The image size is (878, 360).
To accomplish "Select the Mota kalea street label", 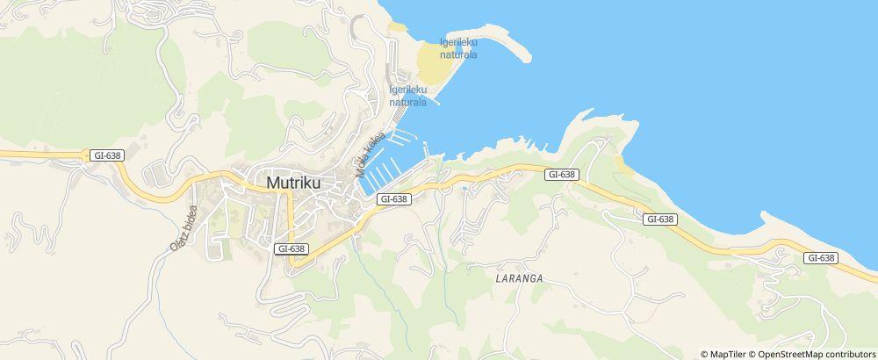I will coord(371,155).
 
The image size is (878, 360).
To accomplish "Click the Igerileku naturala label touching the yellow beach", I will coord(458,48).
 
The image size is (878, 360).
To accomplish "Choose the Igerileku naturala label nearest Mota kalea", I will coord(408,96).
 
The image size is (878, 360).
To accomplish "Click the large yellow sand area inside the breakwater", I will coord(432,66).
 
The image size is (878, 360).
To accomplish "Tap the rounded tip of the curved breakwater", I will coord(527,58).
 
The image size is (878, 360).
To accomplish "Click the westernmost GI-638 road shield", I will coord(106,155).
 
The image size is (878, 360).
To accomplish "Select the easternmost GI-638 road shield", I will coord(820,257).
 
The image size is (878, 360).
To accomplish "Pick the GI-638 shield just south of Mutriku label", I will coord(291,248).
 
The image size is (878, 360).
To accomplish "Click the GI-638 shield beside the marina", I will coord(394,199).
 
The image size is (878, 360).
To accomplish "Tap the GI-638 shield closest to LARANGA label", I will coord(561,175).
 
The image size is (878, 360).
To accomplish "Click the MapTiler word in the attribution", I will coord(730,354).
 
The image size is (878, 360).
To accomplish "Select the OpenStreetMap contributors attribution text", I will coord(817,354).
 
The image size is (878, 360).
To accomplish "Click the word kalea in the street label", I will coord(376,145).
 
